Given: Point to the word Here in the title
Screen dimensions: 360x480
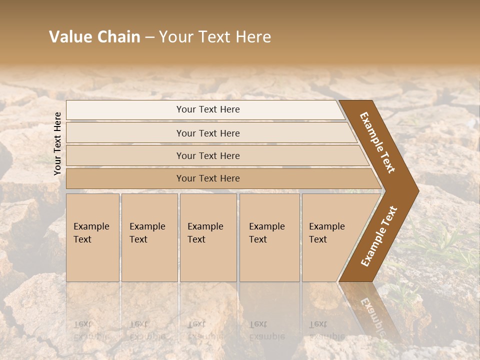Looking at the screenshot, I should pos(253,37).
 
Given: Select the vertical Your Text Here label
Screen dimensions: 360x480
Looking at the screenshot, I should pos(57,143).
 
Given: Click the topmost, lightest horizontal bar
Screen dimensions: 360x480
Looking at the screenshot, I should pos(208,109).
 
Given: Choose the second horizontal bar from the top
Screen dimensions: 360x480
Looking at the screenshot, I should pos(208,133).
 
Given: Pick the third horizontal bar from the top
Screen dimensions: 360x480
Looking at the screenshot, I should pos(208,155).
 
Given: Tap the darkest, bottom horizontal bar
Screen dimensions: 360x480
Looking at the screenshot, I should pos(208,178).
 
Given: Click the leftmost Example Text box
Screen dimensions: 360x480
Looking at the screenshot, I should pos(92,237).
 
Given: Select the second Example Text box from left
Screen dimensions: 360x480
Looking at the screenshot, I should pos(149,237).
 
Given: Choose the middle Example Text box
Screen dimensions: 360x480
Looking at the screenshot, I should pos(208,237).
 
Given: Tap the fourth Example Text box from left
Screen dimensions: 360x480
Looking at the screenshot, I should pos(269,237).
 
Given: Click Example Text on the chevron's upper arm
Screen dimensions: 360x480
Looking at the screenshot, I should pos(377,142).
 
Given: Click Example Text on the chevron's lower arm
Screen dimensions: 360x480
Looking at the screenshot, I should pos(378,236).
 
